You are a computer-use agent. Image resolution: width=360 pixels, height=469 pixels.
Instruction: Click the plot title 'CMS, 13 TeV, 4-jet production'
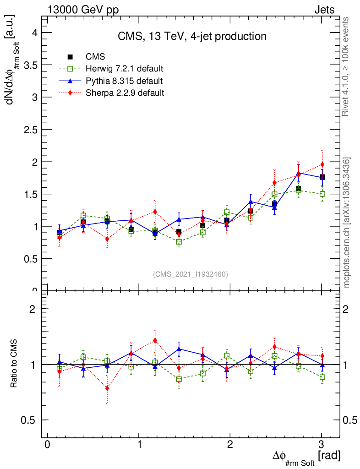click(x=191, y=36)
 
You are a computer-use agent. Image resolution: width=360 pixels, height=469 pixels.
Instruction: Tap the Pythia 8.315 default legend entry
click(x=124, y=81)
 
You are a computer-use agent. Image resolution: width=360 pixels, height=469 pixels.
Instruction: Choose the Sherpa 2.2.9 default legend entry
click(x=125, y=93)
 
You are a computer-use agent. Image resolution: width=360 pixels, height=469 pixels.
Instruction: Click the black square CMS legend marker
click(x=71, y=57)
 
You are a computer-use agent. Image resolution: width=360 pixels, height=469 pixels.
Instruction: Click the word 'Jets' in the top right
click(x=324, y=10)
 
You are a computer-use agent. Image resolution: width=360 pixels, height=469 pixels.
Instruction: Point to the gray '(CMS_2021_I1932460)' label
click(x=191, y=274)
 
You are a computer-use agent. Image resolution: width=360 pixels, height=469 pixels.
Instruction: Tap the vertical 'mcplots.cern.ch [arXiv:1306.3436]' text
click(x=347, y=223)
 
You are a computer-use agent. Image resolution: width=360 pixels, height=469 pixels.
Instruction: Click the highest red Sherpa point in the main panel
click(x=322, y=164)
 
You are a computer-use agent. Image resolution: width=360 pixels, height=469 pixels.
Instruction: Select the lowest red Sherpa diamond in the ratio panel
click(x=107, y=388)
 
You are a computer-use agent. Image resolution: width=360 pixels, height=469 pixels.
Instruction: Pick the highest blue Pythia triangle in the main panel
click(x=298, y=173)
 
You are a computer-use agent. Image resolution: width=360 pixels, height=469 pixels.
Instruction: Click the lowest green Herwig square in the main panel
click(x=179, y=242)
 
